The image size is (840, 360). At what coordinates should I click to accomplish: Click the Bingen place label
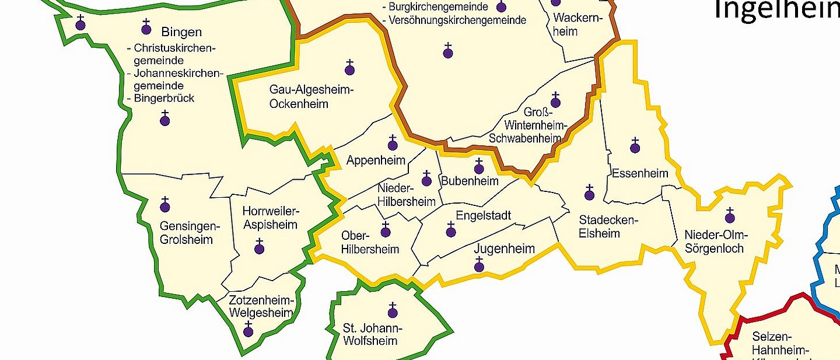pos(181,32)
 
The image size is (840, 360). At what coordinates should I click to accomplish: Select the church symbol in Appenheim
pos(393,144)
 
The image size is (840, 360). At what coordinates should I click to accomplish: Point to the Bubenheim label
pos(470,181)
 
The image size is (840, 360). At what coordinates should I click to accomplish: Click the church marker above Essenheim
pos(635,146)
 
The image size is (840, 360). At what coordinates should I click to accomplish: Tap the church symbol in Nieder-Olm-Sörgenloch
pos(729,216)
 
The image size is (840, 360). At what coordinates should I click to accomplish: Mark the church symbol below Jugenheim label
pos(479,265)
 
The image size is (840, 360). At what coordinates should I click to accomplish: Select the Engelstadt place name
pos(483,216)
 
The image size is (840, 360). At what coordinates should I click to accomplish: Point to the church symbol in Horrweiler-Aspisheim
pos(260,247)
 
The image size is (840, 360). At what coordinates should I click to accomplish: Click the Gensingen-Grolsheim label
pos(186,233)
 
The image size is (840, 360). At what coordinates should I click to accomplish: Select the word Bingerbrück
pos(164,98)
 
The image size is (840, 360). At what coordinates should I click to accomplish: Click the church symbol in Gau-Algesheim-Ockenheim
pos(349,68)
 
